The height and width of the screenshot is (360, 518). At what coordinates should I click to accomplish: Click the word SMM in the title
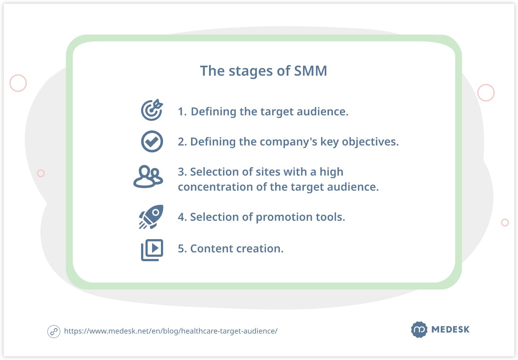point(310,71)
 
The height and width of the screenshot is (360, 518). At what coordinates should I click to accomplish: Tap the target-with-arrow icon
point(152,110)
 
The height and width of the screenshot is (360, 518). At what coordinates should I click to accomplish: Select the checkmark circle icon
point(152,141)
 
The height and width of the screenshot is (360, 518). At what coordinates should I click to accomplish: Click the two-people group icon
point(148,176)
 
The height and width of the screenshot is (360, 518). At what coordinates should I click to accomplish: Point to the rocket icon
point(151,217)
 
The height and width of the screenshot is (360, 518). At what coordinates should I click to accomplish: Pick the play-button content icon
point(152,250)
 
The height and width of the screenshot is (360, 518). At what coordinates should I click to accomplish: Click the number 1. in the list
point(182,112)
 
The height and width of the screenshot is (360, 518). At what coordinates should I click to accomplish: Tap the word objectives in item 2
point(370,142)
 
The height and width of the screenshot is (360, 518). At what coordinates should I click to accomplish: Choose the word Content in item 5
point(211,249)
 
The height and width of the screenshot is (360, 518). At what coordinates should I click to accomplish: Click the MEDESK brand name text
point(450,330)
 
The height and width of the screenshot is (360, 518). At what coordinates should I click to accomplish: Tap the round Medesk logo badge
point(419,330)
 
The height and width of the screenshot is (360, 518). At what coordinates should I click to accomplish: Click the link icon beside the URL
point(54,331)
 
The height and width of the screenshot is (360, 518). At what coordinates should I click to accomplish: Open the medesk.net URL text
point(171,331)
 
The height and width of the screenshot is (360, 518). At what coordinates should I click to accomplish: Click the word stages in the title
point(251,71)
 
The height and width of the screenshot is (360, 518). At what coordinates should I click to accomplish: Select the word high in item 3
point(331,172)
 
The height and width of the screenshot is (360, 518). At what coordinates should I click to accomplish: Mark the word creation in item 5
point(260,249)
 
